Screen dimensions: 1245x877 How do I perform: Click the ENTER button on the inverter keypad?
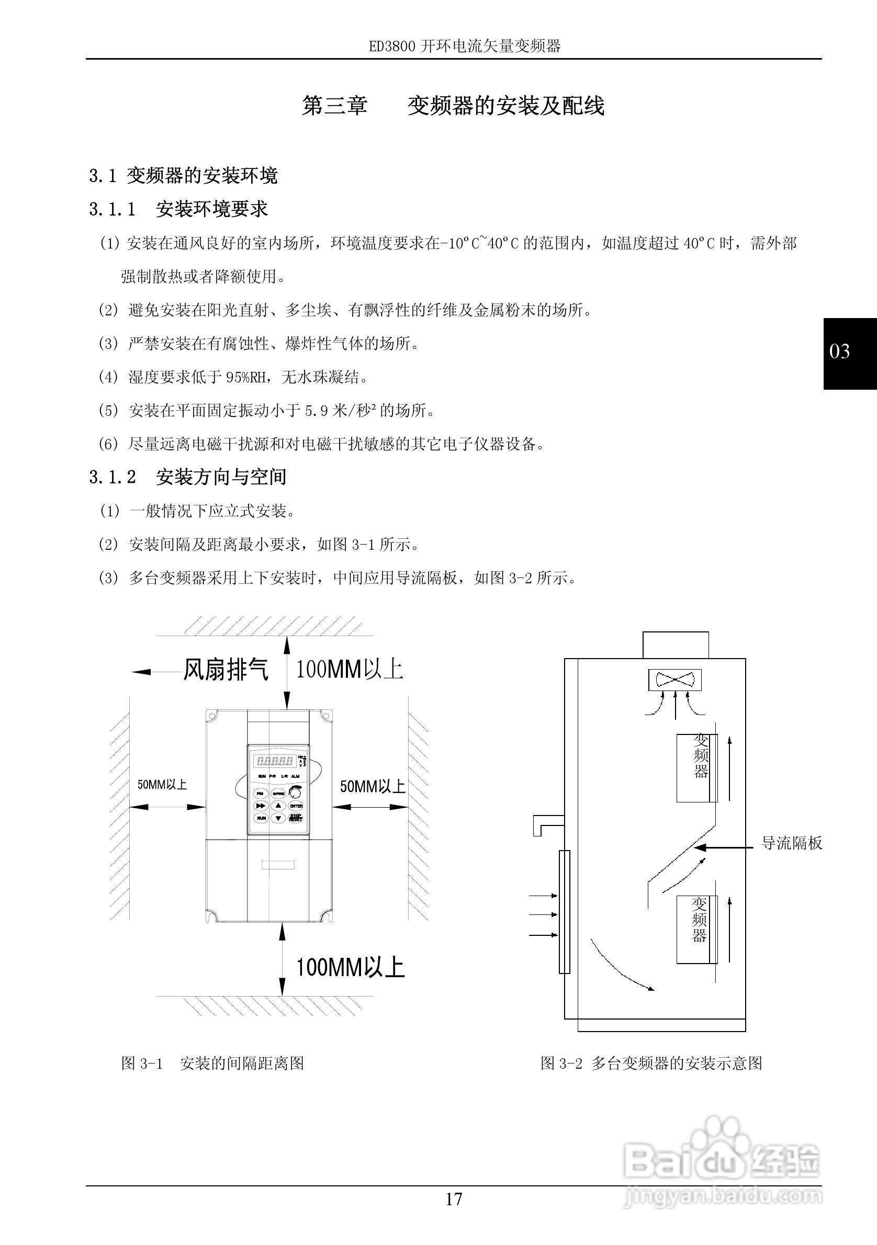296,806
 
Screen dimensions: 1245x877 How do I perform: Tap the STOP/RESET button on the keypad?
296,818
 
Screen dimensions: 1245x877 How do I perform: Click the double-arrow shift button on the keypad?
261,806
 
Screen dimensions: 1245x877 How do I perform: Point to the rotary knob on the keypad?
296,792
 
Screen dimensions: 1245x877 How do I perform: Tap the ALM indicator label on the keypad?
296,776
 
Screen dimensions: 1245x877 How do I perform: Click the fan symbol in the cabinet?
674,680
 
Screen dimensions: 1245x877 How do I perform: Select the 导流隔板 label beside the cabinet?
792,843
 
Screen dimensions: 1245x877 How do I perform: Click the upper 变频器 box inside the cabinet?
697,768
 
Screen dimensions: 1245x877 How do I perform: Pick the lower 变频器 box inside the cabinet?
697,930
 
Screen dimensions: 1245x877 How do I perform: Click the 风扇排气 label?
226,670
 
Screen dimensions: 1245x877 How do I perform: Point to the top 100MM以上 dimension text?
349,670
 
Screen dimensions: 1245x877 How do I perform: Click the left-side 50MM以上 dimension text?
162,785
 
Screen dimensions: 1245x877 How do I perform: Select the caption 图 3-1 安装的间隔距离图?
212,1063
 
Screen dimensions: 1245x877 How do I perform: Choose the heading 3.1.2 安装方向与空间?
188,477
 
